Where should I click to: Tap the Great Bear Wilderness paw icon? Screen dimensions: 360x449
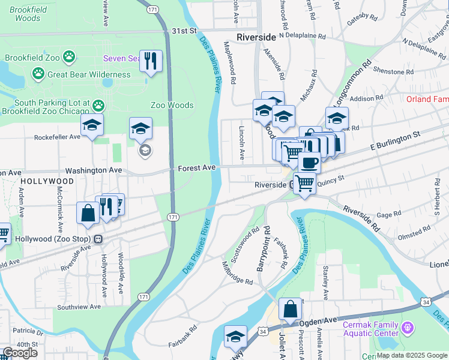click(x=38, y=74)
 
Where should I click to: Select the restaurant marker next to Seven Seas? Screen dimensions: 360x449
click(x=151, y=60)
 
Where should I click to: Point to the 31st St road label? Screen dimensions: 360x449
click(x=184, y=30)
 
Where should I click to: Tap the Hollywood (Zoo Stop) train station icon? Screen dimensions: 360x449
click(x=98, y=239)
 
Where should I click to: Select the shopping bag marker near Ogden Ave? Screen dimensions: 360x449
click(x=290, y=310)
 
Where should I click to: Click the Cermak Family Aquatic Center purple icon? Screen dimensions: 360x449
click(x=408, y=328)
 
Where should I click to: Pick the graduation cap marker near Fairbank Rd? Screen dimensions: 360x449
click(x=235, y=337)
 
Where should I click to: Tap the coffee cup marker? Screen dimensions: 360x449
click(x=309, y=162)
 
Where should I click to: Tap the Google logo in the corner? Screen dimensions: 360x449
click(x=20, y=352)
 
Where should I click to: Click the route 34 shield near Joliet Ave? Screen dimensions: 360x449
click(x=263, y=331)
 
